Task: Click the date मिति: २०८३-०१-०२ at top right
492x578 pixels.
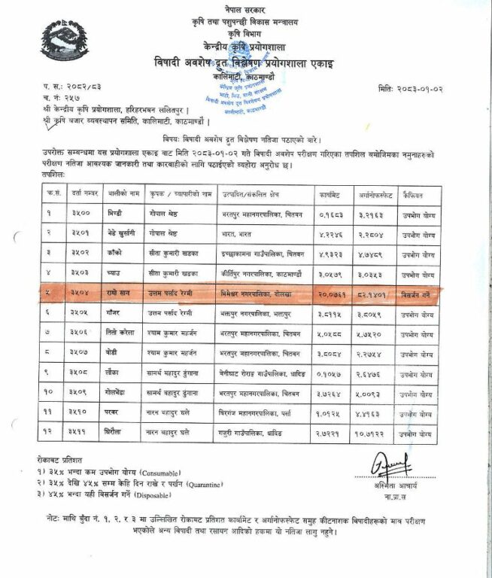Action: pyautogui.click(x=421, y=90)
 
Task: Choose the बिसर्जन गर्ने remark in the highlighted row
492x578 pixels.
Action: pyautogui.click(x=416, y=291)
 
